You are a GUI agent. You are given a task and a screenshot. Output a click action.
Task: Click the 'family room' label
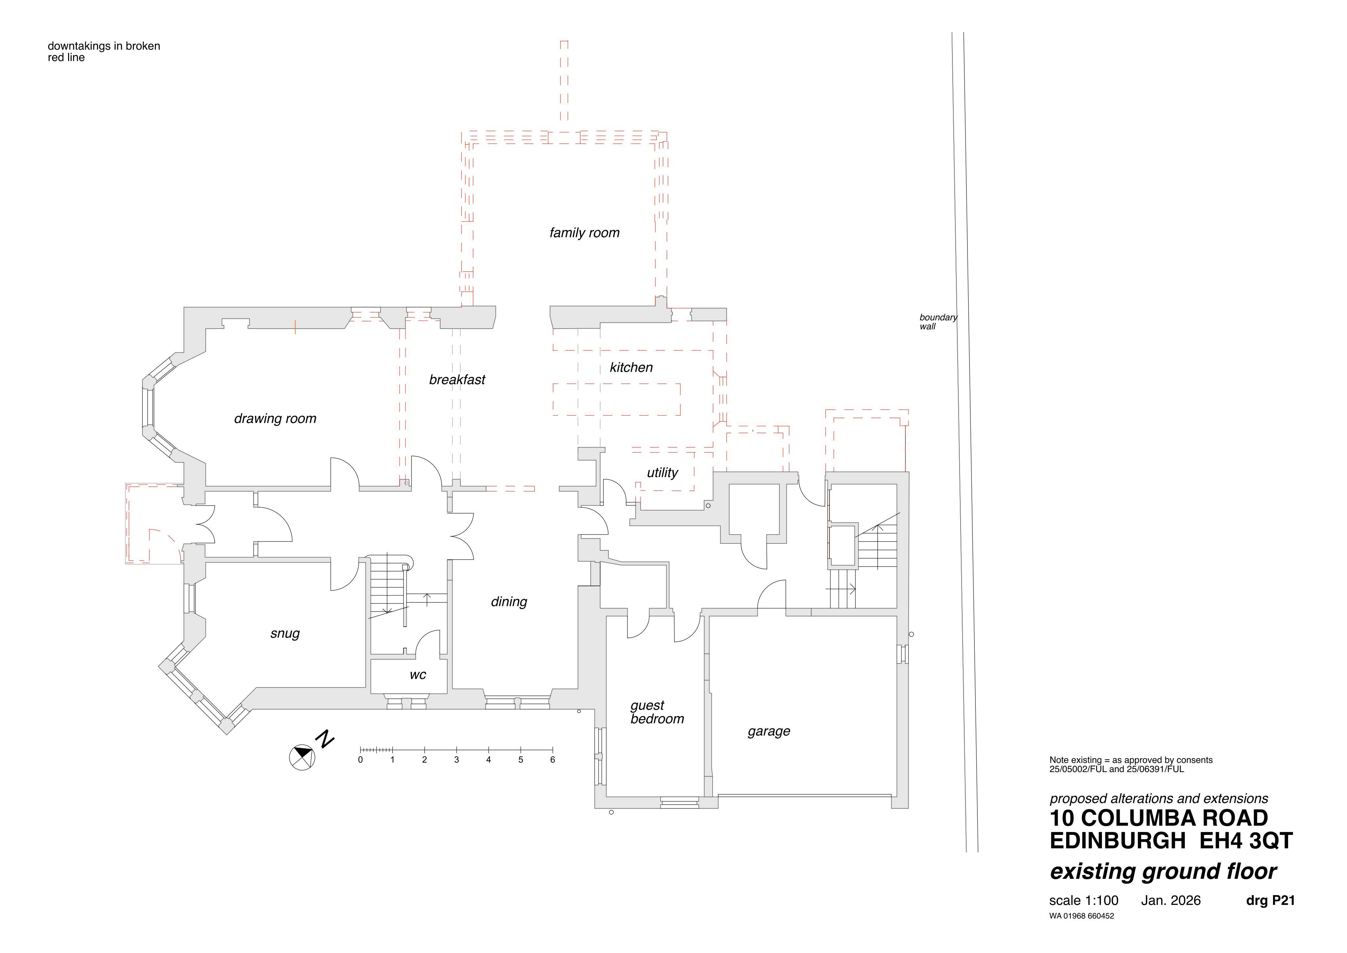pos(584,233)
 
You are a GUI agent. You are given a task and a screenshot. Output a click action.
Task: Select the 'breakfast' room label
pos(457,380)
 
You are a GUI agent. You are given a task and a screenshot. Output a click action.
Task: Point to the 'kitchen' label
pos(631,367)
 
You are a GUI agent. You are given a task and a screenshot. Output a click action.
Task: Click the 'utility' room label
pos(662,473)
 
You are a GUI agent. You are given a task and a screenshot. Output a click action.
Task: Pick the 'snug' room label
pos(285,634)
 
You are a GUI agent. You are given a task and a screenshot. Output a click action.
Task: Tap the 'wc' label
pos(418,675)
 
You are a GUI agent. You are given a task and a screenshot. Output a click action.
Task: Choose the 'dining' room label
pos(509,601)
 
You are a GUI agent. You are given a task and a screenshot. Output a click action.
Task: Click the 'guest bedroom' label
pos(656,713)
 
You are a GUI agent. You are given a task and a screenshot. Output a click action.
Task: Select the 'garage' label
pos(769,732)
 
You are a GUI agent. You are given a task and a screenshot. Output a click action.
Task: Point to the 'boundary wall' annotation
pos(938,322)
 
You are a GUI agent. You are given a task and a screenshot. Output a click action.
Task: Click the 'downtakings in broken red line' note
pos(104,52)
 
